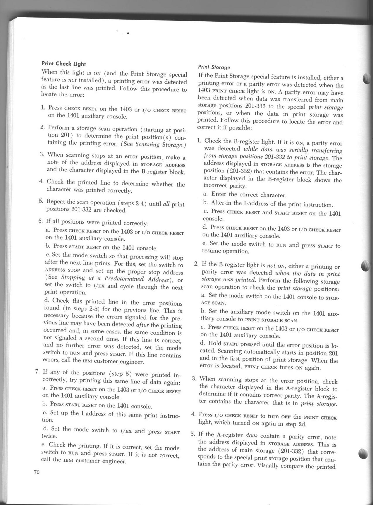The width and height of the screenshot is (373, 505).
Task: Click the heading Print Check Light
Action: pos(64,64)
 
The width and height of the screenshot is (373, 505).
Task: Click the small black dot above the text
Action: pos(128,33)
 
